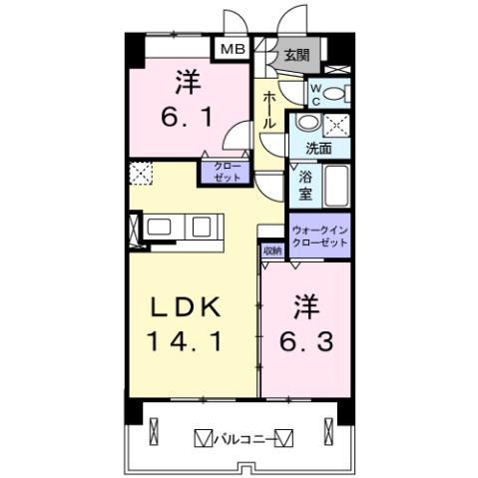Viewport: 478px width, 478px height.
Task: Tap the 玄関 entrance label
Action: pyautogui.click(x=293, y=56)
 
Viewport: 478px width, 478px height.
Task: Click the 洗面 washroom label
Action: pyautogui.click(x=319, y=149)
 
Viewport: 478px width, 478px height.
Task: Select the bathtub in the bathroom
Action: pyautogui.click(x=335, y=186)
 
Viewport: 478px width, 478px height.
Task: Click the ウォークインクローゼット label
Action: pyautogui.click(x=319, y=236)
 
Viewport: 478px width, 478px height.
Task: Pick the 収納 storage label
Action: pyautogui.click(x=271, y=251)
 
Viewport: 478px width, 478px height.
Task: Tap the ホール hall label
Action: pyautogui.click(x=269, y=110)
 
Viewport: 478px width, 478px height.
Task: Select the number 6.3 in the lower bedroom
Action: pyautogui.click(x=305, y=340)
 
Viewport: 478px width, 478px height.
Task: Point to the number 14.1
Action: pyautogui.click(x=187, y=340)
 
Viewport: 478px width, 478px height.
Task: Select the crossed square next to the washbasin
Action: pyautogui.click(x=337, y=126)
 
